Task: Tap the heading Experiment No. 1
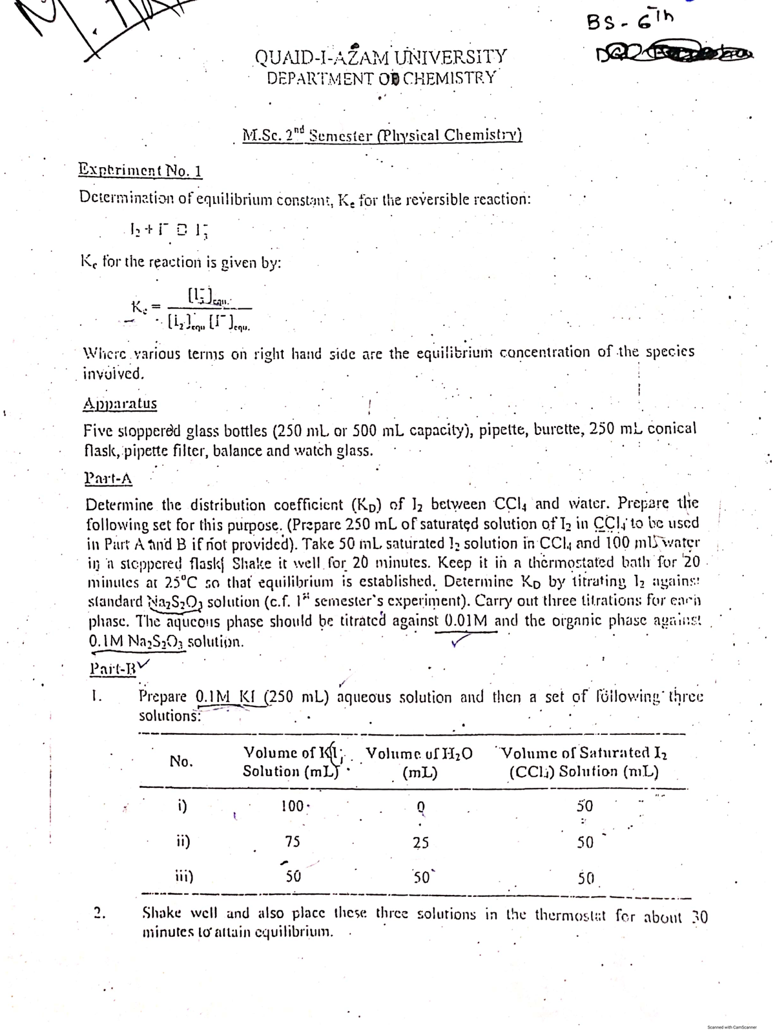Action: click(141, 171)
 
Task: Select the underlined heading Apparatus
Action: click(120, 404)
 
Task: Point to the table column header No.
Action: click(181, 761)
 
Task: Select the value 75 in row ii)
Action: click(293, 841)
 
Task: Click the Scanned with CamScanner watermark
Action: click(730, 1026)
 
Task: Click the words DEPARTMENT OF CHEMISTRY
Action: click(381, 78)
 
